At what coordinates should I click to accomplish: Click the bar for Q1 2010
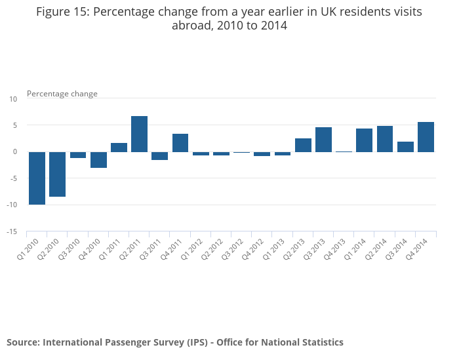[37, 178]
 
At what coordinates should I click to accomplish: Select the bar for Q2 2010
[57, 174]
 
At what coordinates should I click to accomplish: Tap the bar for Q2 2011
[139, 134]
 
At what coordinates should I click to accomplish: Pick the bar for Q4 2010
[98, 159]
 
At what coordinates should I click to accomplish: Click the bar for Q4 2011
[180, 143]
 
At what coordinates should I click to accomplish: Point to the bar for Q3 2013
[323, 140]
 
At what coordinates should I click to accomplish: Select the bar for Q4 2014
[426, 137]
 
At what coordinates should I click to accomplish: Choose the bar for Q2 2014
[385, 139]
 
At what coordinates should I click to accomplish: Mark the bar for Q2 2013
[303, 145]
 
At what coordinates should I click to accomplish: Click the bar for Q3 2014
[405, 147]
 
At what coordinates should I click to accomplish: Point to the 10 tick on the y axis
[13, 99]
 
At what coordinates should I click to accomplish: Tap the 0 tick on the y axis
[15, 152]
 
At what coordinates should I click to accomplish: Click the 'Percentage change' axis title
[62, 94]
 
